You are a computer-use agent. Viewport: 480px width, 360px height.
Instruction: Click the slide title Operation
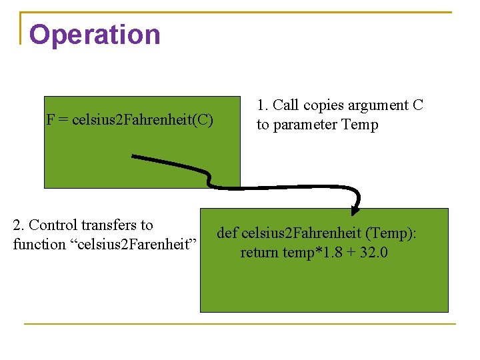coord(95,35)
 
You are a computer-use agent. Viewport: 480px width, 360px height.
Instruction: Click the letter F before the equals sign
coord(50,120)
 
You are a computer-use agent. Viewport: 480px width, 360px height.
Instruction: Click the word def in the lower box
coord(227,233)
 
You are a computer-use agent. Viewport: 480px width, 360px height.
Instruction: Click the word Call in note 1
coord(286,105)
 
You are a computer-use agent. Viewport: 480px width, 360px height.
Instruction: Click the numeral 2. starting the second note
coord(19,225)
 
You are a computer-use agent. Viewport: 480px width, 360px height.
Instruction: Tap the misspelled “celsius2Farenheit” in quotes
coord(134,245)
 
